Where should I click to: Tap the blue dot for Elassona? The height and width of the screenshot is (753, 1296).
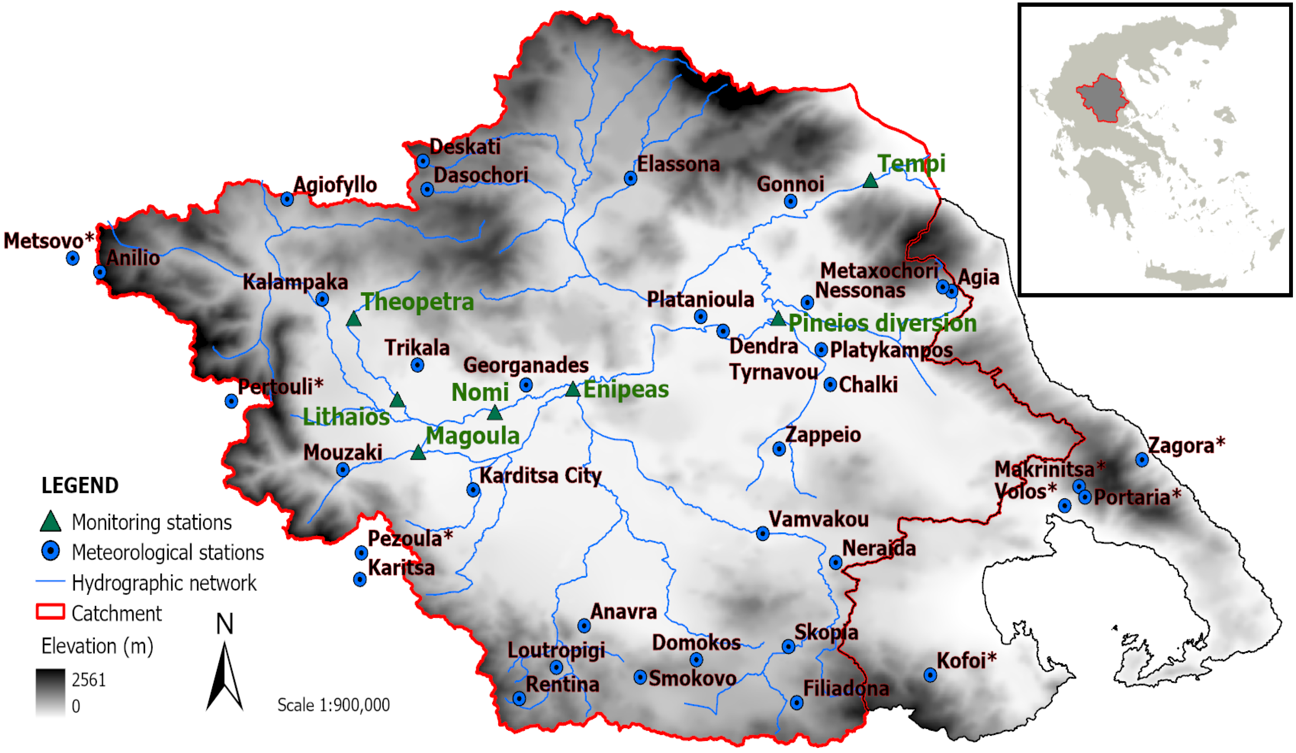pos(631,178)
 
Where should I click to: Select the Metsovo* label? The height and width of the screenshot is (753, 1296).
pos(49,241)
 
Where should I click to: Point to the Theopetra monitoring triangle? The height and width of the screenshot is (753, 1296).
pos(353,320)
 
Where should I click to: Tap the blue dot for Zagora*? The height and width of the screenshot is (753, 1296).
pos(1142,460)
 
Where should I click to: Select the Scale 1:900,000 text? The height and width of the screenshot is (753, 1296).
pos(333,705)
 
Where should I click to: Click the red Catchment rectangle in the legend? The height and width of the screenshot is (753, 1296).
pos(50,612)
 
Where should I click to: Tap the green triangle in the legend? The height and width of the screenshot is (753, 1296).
pos(50,522)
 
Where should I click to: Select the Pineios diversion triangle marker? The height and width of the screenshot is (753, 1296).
pos(778,319)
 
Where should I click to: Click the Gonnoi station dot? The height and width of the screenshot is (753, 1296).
pos(791,201)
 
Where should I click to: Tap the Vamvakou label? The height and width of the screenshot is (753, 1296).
pos(818,519)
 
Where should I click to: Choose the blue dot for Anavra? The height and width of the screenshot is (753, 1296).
pos(584,626)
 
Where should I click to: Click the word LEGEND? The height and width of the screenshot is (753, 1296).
pos(80,486)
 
